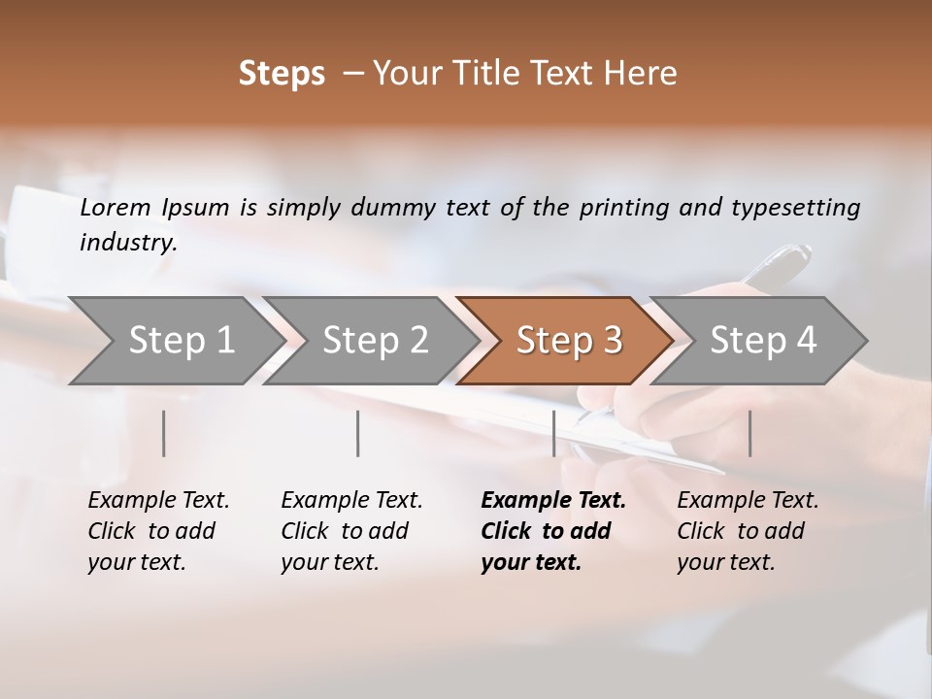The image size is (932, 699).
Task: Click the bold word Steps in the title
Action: [x=282, y=74]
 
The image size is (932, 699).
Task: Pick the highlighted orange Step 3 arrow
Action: [x=569, y=341]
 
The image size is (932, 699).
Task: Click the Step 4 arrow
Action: [x=763, y=341]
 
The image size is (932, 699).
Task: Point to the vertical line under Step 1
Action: [x=164, y=433]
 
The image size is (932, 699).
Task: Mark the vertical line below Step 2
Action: [x=358, y=433]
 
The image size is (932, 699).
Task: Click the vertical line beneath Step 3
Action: [x=553, y=433]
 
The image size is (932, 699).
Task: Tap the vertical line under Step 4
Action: [x=749, y=433]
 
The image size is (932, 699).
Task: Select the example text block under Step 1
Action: [x=158, y=531]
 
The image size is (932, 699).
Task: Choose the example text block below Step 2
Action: [x=351, y=531]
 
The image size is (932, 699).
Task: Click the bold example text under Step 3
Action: [x=553, y=531]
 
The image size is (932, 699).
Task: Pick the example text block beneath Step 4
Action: [x=748, y=531]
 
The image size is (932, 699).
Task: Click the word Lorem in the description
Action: [x=116, y=208]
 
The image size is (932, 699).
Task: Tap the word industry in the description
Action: [x=127, y=243]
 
